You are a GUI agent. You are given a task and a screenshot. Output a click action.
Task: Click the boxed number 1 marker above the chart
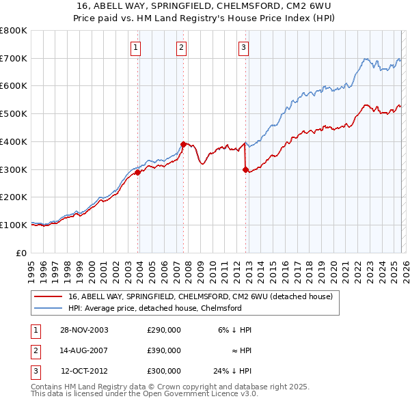click(x=135, y=47)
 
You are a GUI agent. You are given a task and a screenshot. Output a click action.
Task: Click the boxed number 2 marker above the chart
click(x=181, y=47)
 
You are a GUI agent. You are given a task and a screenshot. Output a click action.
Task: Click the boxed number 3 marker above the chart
click(x=244, y=47)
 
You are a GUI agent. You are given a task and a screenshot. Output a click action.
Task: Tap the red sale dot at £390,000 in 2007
click(x=183, y=144)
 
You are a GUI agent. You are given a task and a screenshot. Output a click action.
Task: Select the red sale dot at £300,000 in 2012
click(x=245, y=169)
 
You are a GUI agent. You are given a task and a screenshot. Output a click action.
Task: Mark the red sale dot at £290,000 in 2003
click(x=138, y=172)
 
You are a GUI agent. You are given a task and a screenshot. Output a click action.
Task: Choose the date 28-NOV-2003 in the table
click(x=84, y=330)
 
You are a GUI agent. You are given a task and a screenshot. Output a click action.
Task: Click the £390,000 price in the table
click(x=164, y=350)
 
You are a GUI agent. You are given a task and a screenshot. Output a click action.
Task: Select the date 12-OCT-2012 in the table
click(x=85, y=371)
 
